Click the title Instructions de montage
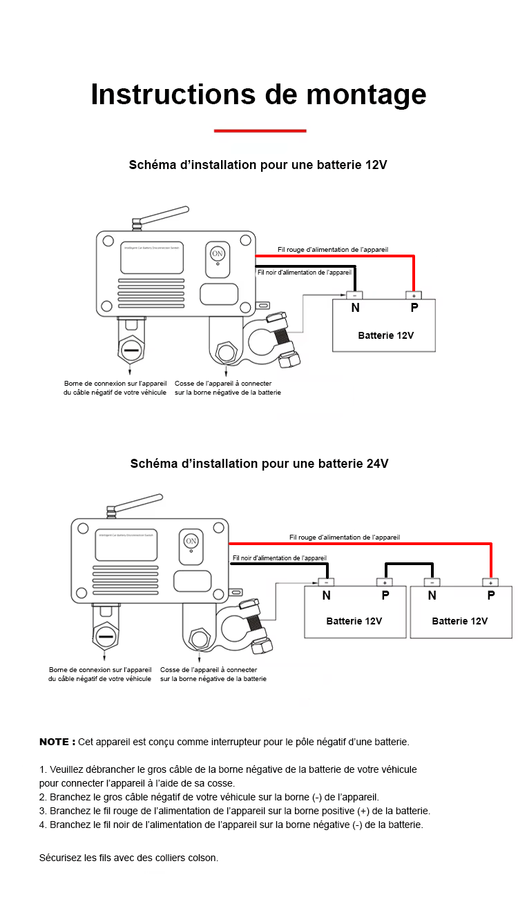[258, 95]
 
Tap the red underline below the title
[260, 130]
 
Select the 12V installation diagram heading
[258, 166]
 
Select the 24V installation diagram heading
[259, 464]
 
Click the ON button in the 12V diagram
[218, 254]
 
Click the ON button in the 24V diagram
[191, 540]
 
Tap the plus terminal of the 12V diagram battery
[414, 295]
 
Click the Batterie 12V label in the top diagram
[385, 335]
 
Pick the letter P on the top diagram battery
[414, 308]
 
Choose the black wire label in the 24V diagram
[280, 558]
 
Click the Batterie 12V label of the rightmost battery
[459, 621]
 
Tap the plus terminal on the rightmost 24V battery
[490, 582]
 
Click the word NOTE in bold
[57, 742]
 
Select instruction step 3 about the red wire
[235, 811]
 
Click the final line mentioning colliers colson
[128, 858]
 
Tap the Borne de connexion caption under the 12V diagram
[115, 388]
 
